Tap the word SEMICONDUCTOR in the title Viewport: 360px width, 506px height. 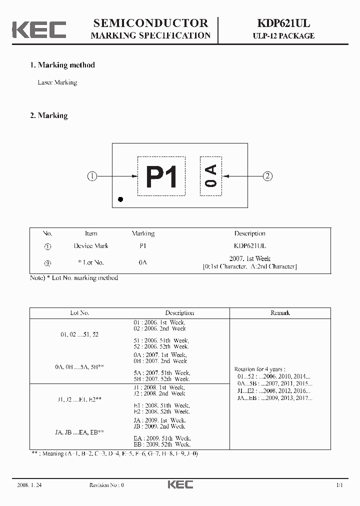pyautogui.click(x=150, y=22)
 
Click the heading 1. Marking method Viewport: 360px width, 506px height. pyautogui.click(x=62, y=65)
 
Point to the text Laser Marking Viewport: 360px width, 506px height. pyautogui.click(x=57, y=82)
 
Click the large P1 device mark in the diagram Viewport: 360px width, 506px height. pyautogui.click(x=161, y=176)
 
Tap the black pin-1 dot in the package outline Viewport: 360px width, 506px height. pyautogui.click(x=120, y=199)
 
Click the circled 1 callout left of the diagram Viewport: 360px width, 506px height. pyautogui.click(x=92, y=176)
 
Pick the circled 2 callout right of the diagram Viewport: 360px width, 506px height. pyautogui.click(x=268, y=176)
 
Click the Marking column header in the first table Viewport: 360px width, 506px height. pyautogui.click(x=143, y=233)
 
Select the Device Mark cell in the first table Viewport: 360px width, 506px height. pyautogui.click(x=91, y=246)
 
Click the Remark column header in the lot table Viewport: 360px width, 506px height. pyautogui.click(x=280, y=313)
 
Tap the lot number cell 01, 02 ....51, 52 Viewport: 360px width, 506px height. pyautogui.click(x=79, y=334)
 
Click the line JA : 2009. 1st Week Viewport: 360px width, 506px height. pyautogui.click(x=159, y=420)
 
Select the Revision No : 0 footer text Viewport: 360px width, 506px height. pyautogui.click(x=106, y=485)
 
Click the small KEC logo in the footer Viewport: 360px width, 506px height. pyautogui.click(x=180, y=484)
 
